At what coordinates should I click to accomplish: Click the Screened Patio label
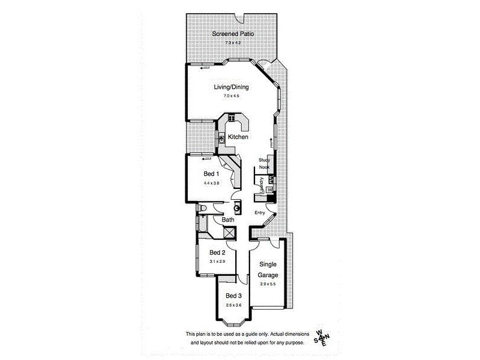click(234, 34)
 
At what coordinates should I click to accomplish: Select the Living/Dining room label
click(232, 87)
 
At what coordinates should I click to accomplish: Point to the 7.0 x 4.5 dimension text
click(232, 96)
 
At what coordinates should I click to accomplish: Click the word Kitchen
click(238, 137)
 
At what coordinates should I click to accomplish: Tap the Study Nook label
click(265, 164)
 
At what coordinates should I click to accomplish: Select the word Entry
click(260, 212)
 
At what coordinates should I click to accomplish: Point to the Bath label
click(228, 220)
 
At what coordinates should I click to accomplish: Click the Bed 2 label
click(217, 253)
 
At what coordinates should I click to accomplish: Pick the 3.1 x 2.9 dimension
click(217, 261)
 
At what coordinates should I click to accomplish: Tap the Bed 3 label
click(234, 295)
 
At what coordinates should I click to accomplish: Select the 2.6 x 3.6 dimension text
click(234, 304)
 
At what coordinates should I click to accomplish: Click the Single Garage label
click(268, 269)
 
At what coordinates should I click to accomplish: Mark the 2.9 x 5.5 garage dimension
click(268, 284)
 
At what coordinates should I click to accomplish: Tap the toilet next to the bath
click(203, 208)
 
